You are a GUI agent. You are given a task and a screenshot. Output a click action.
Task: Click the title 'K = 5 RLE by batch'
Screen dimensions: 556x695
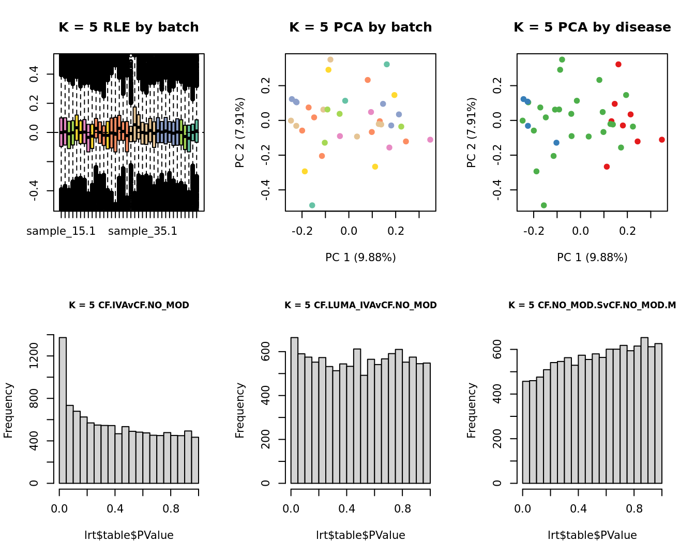(128, 27)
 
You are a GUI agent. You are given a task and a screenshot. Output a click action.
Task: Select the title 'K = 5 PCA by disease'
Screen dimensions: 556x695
(592, 27)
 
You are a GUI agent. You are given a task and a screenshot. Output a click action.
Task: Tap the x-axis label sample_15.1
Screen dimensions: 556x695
(61, 231)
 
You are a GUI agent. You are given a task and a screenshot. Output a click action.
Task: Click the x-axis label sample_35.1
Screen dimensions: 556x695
(143, 231)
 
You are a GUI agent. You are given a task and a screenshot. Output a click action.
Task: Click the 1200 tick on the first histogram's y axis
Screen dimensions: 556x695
(35, 356)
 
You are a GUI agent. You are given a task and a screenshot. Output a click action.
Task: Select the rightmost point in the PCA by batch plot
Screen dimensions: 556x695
(430, 140)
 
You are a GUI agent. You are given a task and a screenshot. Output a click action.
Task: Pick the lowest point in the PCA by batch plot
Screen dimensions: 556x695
(312, 205)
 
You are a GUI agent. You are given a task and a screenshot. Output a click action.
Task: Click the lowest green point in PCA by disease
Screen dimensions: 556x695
(544, 205)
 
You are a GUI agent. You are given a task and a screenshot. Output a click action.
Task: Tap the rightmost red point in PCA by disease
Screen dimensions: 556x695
(662, 140)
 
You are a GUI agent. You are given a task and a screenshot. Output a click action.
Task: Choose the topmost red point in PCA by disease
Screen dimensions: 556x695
(618, 64)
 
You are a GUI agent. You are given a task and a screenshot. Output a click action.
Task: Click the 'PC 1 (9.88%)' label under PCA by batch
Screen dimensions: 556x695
(360, 257)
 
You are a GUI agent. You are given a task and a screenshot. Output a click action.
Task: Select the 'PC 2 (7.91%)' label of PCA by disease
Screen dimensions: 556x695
(471, 132)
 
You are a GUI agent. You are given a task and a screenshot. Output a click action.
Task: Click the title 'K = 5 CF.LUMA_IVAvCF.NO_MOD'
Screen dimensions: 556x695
(360, 305)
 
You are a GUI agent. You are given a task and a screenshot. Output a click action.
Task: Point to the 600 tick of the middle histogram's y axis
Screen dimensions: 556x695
(266, 352)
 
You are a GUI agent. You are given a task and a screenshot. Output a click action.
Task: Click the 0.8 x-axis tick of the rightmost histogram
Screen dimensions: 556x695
(634, 508)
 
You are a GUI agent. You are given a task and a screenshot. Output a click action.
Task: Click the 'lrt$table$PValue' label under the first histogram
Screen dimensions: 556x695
(129, 535)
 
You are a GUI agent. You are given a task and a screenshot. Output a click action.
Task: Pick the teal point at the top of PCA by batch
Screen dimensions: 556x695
(387, 64)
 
